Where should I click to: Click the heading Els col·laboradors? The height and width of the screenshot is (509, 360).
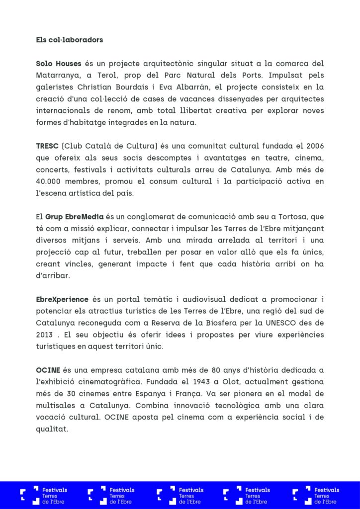pos(70,39)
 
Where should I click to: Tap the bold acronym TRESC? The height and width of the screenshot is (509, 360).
pos(47,146)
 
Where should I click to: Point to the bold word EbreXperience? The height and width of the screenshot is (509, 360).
pos(62,299)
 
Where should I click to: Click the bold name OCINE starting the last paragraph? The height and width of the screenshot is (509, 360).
pos(48,370)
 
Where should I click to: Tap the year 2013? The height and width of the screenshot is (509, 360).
pos(45,335)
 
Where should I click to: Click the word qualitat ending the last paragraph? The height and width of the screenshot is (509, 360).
pos(52,428)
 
